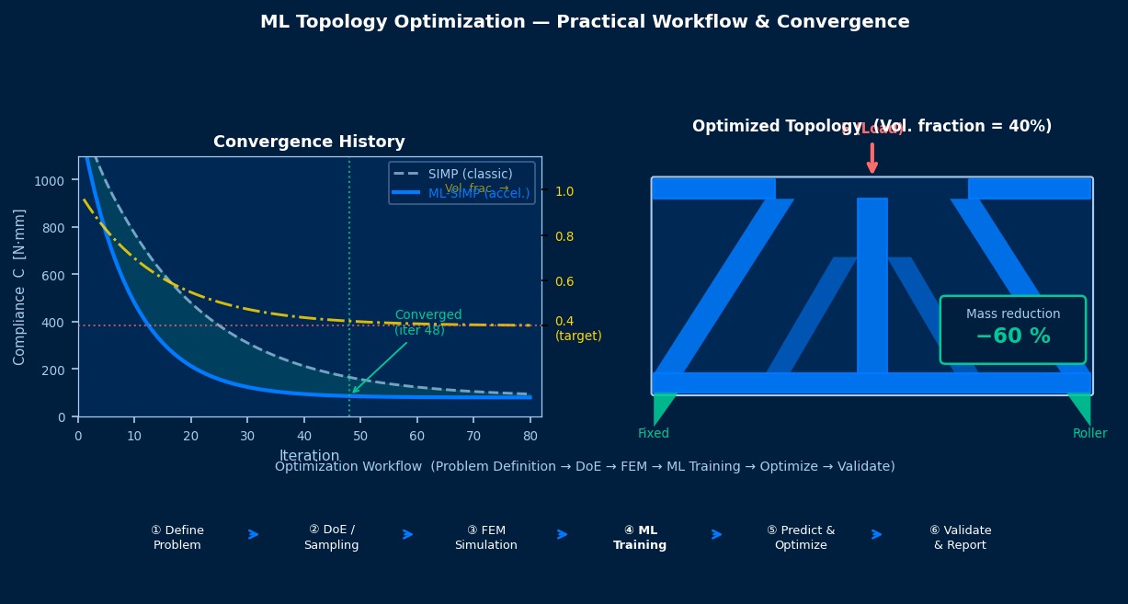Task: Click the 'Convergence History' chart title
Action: [309, 142]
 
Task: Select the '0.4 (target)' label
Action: [577, 329]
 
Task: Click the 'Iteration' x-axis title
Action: [309, 455]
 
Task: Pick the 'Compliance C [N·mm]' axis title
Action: [19, 287]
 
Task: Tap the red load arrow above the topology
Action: [872, 157]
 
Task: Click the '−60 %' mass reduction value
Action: [1012, 336]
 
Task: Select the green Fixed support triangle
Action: [663, 408]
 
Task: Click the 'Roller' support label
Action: [1089, 434]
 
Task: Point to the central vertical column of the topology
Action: [872, 285]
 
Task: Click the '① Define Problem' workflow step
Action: [177, 538]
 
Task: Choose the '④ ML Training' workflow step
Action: [640, 538]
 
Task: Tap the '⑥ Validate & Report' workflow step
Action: [960, 538]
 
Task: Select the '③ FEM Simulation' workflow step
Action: [485, 538]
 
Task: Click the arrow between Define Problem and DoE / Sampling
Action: [254, 534]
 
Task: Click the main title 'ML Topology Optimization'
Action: [585, 22]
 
